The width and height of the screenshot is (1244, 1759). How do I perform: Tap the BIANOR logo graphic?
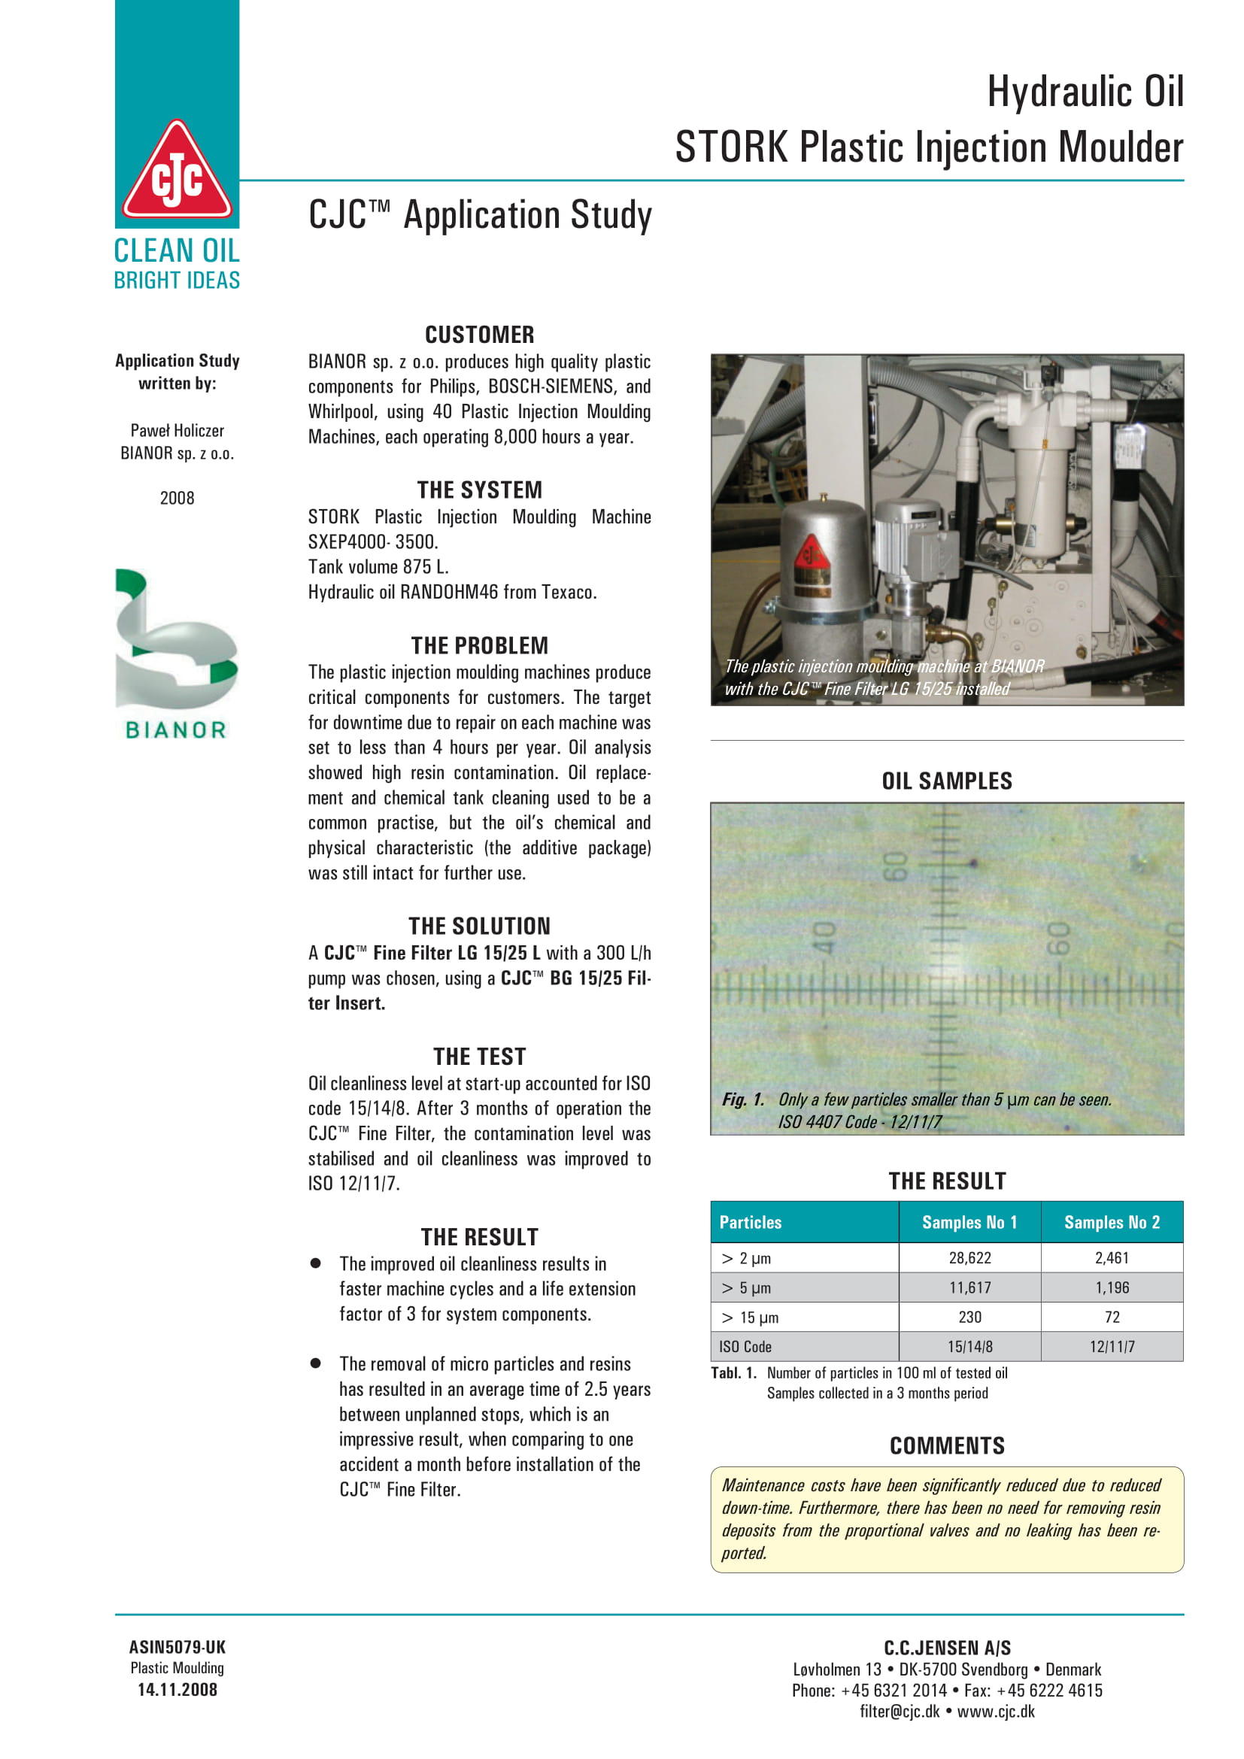[x=176, y=652]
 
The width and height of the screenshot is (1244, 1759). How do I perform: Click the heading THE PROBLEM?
[x=480, y=646]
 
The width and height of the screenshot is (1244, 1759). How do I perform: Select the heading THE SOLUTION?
[x=480, y=927]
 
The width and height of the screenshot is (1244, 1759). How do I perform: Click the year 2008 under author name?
[x=177, y=498]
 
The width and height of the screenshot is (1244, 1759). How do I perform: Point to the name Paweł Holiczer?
[x=177, y=431]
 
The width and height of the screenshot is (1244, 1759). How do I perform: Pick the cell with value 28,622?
[x=969, y=1258]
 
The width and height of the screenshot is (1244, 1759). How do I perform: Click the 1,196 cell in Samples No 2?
[x=1112, y=1287]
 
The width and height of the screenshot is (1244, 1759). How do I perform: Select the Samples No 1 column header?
[x=969, y=1222]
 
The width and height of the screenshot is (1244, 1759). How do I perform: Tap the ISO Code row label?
[x=745, y=1347]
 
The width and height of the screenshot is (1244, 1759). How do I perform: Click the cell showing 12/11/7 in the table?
[x=1112, y=1347]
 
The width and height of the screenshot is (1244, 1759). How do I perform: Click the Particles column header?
[x=750, y=1222]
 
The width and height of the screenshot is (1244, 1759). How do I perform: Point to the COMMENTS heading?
[x=947, y=1445]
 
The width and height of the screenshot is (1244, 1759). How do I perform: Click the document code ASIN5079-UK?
[x=177, y=1647]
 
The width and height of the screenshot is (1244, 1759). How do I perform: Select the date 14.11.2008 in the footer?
[x=177, y=1690]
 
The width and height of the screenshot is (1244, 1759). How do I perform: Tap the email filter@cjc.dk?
[x=900, y=1712]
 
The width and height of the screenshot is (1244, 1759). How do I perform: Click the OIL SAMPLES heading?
[x=947, y=781]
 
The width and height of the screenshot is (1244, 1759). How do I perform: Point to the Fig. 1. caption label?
[x=743, y=1099]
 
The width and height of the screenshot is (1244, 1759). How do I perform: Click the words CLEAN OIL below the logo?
[x=177, y=250]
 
